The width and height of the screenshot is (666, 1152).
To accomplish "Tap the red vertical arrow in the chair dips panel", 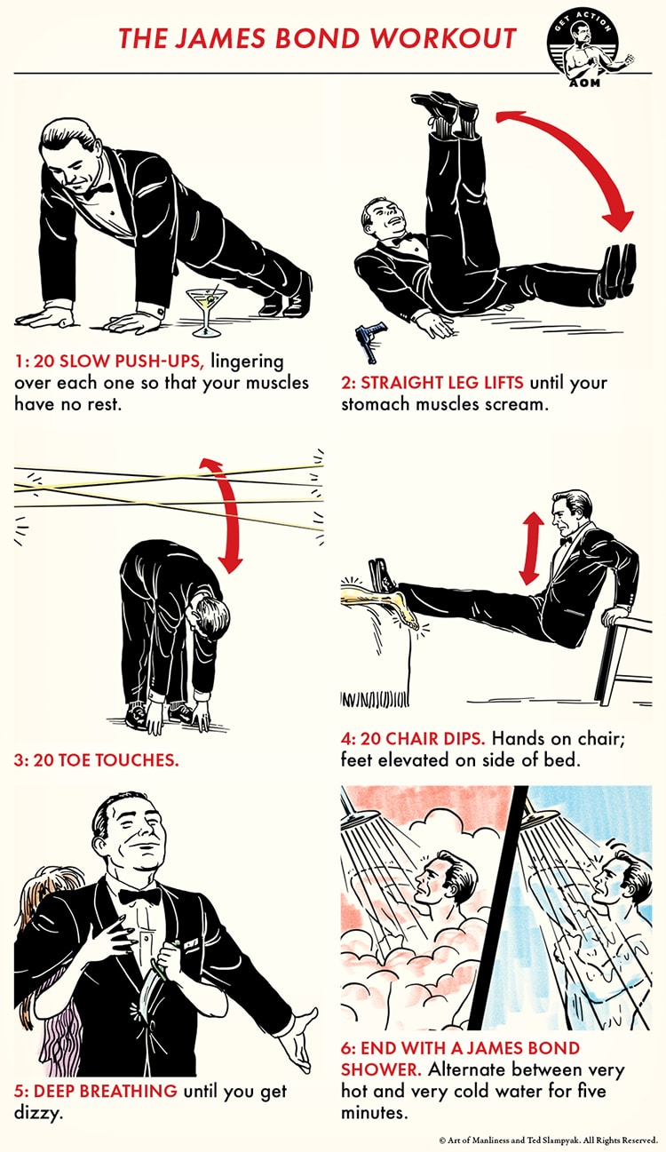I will pyautogui.click(x=531, y=550).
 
